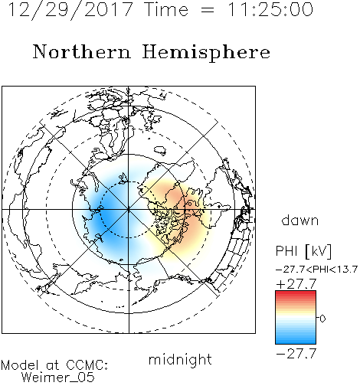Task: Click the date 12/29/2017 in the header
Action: tap(70, 10)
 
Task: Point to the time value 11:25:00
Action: tap(270, 9)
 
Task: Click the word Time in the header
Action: tap(166, 9)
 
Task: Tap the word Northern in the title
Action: tap(82, 52)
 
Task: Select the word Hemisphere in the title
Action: tap(206, 53)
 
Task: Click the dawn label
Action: tap(300, 220)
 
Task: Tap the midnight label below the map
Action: tap(180, 359)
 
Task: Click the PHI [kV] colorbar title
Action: tap(304, 251)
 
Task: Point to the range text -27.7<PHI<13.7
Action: tap(316, 270)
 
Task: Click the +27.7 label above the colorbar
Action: tap(296, 284)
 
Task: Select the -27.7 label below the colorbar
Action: tap(296, 354)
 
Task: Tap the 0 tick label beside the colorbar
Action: tap(322, 319)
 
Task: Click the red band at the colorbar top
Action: tap(296, 294)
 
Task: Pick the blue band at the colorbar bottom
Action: tap(296, 340)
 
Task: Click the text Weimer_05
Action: tap(58, 378)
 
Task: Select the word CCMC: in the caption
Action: tap(87, 365)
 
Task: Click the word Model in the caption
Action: tap(20, 365)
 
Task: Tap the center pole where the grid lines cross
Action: tap(129, 209)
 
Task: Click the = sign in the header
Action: tap(208, 10)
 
